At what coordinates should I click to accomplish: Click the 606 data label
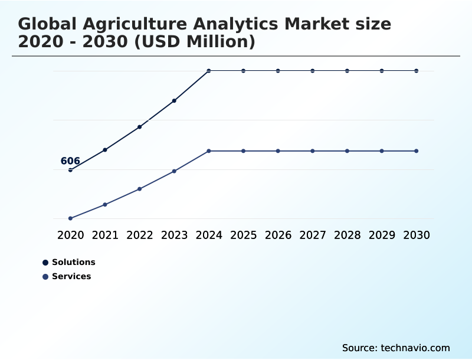tap(70, 161)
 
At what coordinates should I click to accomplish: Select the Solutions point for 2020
tap(70, 170)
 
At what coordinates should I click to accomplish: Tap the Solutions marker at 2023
tap(174, 101)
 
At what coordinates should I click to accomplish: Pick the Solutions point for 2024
tap(209, 71)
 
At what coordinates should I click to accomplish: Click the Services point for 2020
tap(70, 218)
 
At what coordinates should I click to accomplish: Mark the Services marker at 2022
tap(140, 189)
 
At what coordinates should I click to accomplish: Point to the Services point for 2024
tap(209, 151)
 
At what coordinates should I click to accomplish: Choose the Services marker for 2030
tap(417, 151)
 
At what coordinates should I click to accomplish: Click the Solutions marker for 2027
tap(313, 71)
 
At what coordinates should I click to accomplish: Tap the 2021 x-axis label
tap(105, 235)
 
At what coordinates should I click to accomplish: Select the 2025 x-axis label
tap(243, 235)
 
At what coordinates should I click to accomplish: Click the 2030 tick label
tap(417, 235)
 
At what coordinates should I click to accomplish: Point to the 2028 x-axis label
tap(347, 235)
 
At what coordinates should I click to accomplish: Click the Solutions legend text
tap(73, 262)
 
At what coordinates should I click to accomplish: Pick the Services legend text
tap(71, 276)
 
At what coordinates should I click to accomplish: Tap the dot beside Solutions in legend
tap(45, 263)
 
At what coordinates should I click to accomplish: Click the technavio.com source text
tap(415, 348)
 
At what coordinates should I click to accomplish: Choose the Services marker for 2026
tap(278, 151)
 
